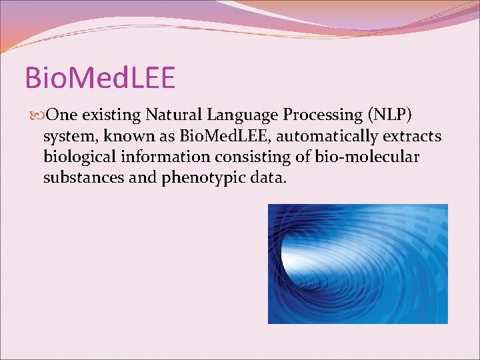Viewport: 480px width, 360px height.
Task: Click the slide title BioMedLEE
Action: [100, 77]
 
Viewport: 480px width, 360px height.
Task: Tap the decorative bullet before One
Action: [37, 115]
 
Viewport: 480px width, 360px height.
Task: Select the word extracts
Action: [412, 137]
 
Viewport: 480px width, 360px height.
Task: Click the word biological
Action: [79, 157]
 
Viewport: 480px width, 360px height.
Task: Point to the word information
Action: [165, 157]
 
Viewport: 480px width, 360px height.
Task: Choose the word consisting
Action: [253, 157]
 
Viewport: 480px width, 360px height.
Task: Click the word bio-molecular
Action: [367, 157]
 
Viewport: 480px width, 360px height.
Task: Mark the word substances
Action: [83, 177]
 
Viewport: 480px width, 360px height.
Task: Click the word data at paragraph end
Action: [268, 177]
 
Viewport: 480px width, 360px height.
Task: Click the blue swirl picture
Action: [358, 264]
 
